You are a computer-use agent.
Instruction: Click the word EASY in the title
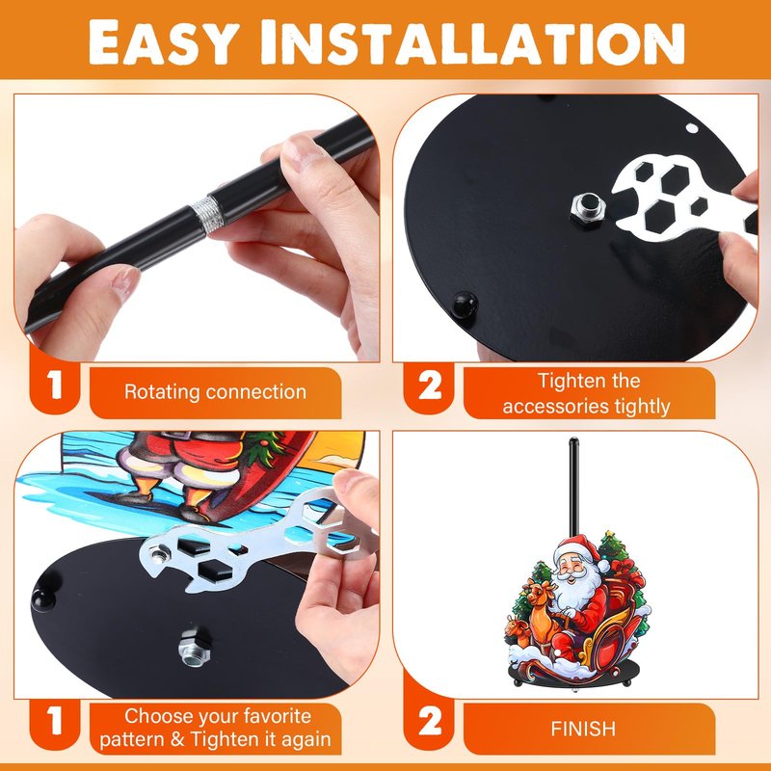coord(163,43)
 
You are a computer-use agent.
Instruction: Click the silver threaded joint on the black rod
coord(207,212)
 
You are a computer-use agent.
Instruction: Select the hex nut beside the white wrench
coord(588,207)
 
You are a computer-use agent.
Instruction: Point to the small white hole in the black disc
coord(692,129)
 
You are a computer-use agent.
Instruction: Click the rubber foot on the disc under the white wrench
coord(465,306)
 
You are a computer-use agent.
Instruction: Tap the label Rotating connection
coord(215,392)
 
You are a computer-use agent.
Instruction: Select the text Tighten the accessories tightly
coord(587,393)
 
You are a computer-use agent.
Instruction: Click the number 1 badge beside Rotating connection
coord(55,385)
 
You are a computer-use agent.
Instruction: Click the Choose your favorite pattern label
coord(215,728)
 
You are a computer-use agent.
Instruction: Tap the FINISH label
coord(583,729)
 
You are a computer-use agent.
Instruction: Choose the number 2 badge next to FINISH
coord(430,721)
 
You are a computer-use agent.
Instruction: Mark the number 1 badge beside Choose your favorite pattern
coord(55,721)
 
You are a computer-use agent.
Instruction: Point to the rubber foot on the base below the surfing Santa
coord(43,597)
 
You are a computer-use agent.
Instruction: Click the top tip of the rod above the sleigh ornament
coord(573,439)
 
